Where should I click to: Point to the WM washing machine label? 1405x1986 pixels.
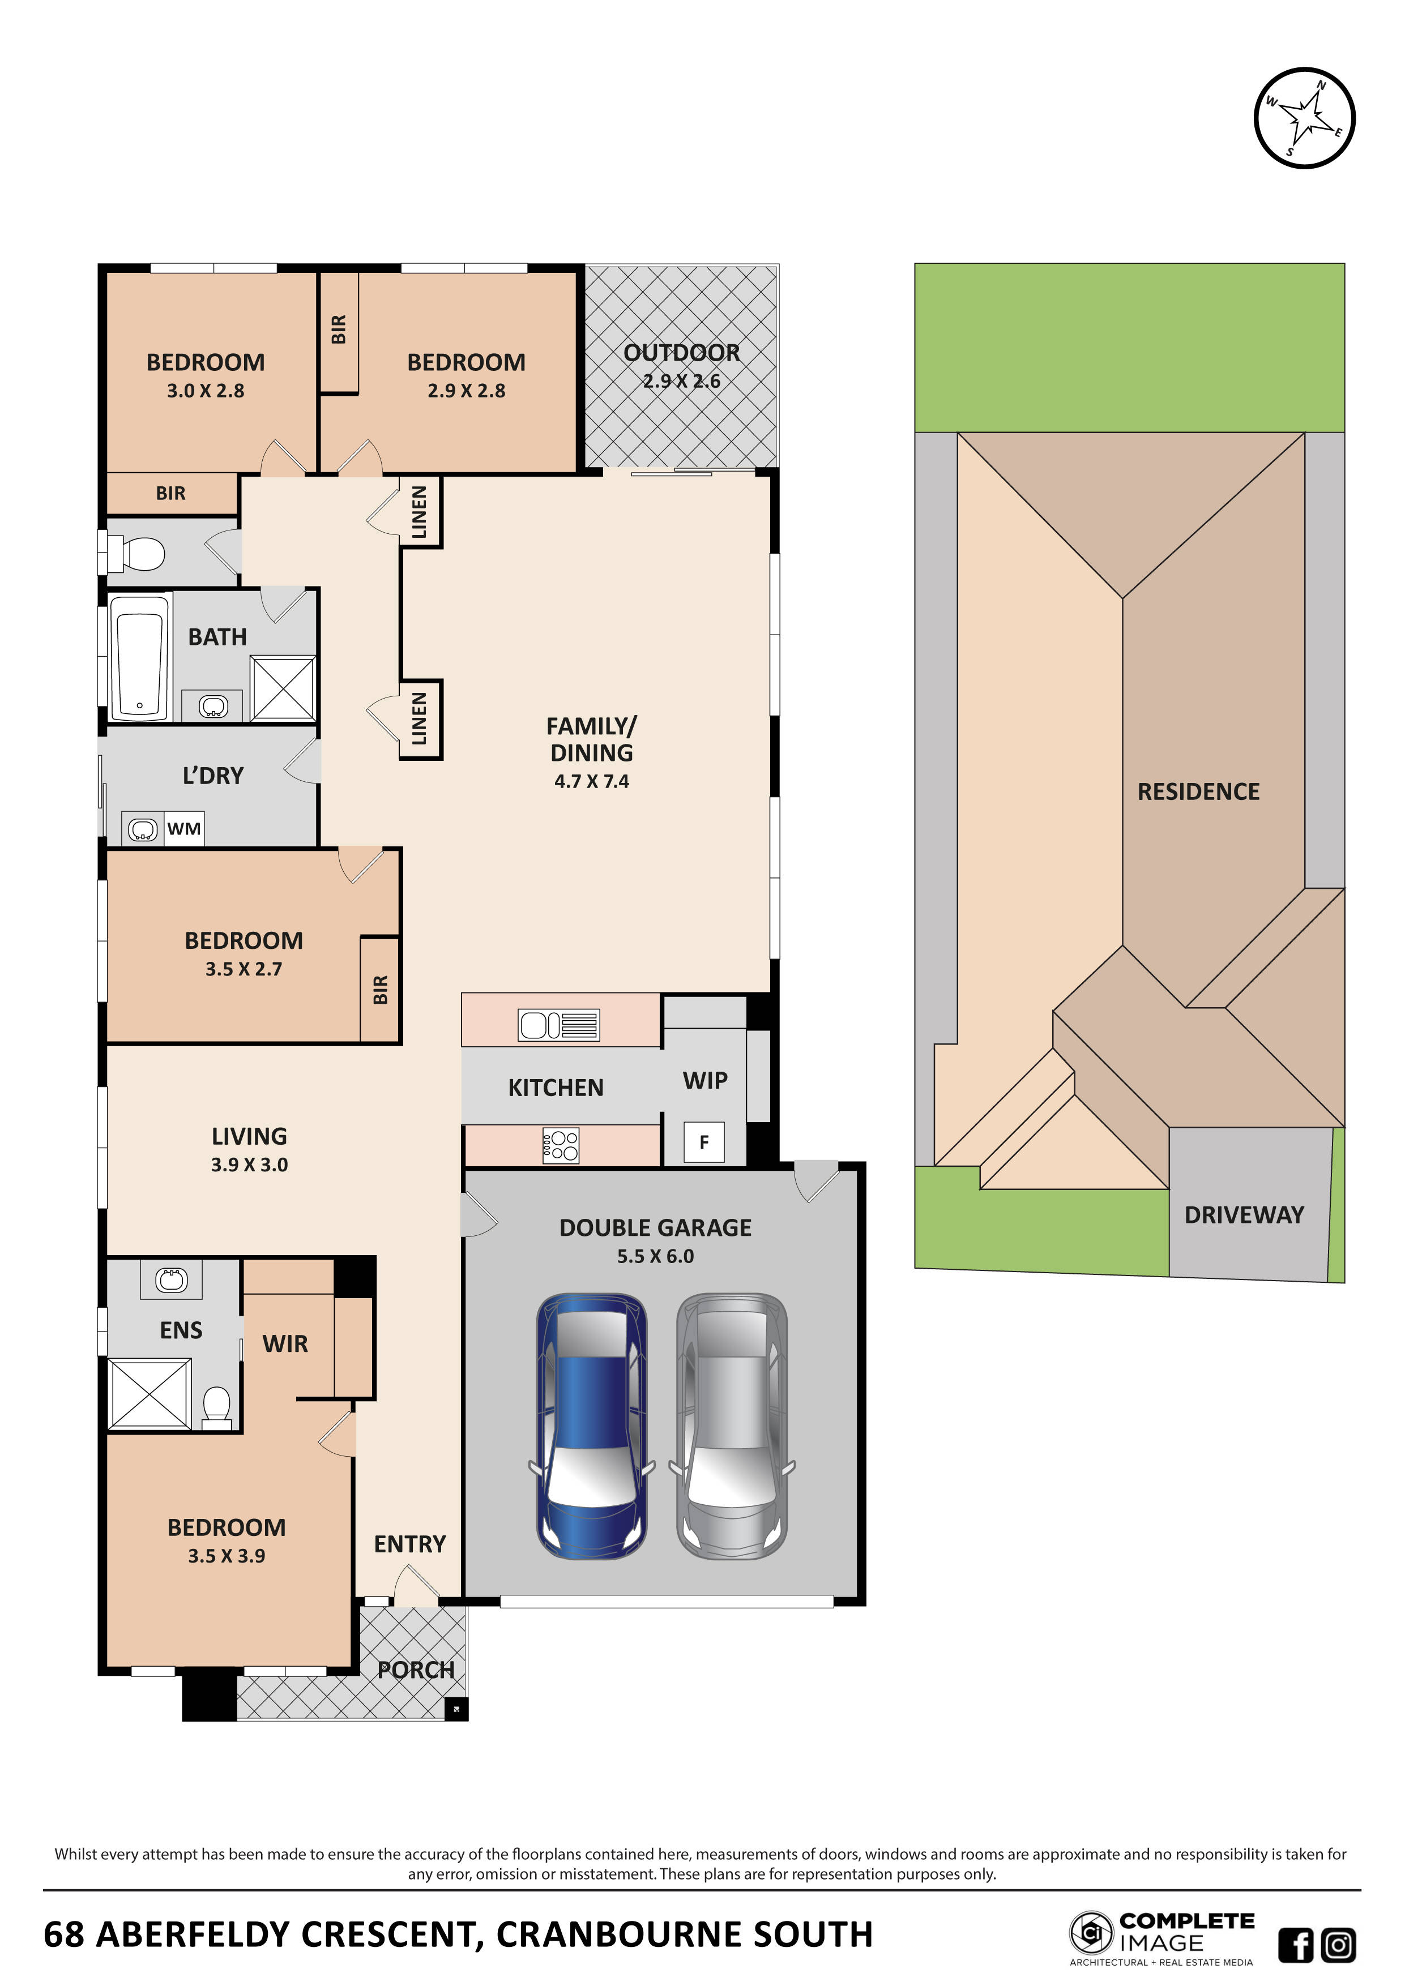pos(183,829)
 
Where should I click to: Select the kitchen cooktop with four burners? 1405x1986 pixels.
pos(561,1145)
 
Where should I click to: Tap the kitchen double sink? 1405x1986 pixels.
pos(558,1025)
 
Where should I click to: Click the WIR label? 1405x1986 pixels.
pos(285,1343)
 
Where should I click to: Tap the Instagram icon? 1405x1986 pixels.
pos(1338,1945)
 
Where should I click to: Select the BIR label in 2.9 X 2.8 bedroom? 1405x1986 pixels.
pos(339,329)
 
